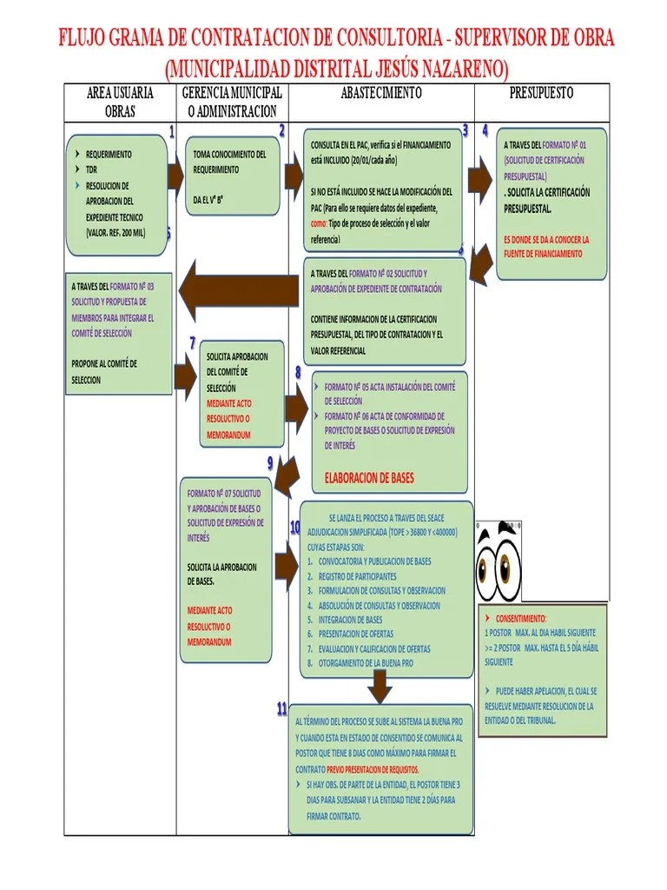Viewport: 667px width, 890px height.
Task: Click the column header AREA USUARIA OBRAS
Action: click(x=120, y=102)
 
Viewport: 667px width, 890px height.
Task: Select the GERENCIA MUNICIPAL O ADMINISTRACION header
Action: click(x=232, y=102)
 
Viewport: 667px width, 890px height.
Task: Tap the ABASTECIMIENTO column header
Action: click(x=382, y=93)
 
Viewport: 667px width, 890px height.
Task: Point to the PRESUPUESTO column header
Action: click(x=541, y=93)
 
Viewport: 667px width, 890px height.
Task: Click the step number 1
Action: click(x=171, y=132)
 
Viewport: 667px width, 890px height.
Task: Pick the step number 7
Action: click(x=192, y=342)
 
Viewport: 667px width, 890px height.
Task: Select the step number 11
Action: click(x=282, y=709)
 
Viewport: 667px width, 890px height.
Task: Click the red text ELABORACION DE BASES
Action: click(x=369, y=478)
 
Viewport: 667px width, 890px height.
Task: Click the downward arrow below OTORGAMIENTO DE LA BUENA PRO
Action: click(x=380, y=686)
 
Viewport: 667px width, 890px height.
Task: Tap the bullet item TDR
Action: click(x=91, y=169)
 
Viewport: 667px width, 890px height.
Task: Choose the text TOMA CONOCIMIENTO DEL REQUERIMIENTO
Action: click(x=229, y=162)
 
